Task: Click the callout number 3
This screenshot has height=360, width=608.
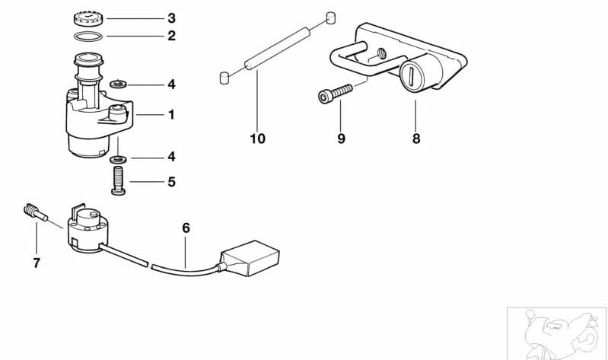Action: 171,18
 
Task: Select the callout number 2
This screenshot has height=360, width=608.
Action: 171,36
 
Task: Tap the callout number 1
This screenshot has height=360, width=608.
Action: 171,115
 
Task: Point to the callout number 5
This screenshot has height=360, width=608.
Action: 171,182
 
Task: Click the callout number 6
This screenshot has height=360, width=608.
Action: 186,228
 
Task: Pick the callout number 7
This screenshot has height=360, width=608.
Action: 37,263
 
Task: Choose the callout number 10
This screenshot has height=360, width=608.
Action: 257,139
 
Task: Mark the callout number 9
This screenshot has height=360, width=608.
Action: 341,139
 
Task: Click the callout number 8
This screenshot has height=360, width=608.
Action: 416,139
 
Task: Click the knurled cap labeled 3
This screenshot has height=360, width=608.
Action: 88,18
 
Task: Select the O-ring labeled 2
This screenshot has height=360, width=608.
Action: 88,37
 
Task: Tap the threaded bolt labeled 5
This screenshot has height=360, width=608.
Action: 118,180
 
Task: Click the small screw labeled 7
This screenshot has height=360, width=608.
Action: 35,212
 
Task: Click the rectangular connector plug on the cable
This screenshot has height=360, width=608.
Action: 250,258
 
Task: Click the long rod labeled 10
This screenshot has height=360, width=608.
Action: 277,49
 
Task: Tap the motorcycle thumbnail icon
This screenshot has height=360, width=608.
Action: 557,333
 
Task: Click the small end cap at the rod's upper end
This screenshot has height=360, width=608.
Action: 330,18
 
